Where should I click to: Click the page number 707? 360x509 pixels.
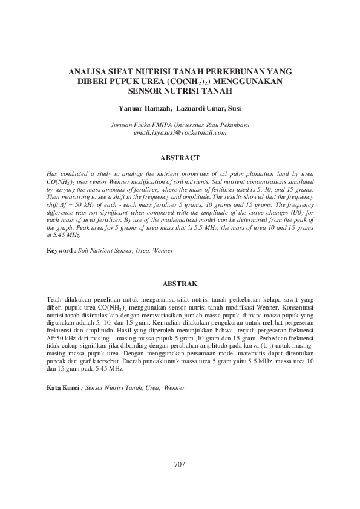coord(179,464)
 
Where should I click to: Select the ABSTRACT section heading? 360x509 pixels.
coord(180,158)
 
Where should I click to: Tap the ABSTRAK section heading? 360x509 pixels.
coord(180,283)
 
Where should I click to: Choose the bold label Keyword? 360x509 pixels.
coord(61,250)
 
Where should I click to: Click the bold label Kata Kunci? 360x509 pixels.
coord(64,387)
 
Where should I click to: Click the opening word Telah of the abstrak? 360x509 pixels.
coord(55,299)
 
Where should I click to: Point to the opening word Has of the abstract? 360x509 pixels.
coord(52,173)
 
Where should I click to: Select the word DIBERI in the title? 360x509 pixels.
coord(93,81)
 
